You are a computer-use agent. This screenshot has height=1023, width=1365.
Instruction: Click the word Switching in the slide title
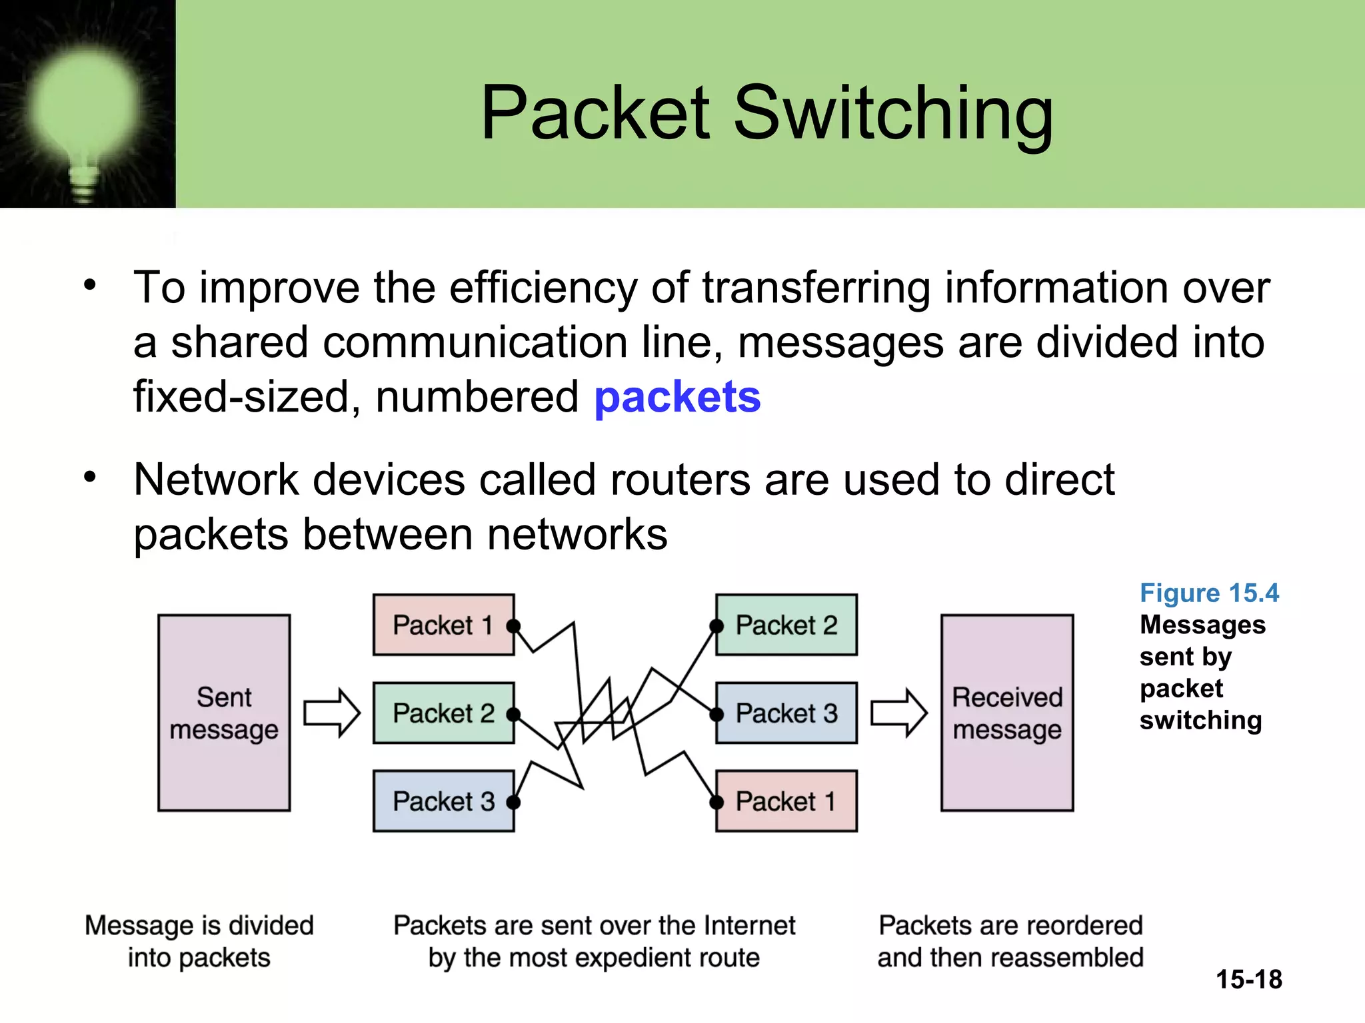(893, 113)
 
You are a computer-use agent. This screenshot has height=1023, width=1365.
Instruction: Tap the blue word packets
(677, 398)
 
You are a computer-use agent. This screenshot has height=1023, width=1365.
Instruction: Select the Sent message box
(224, 713)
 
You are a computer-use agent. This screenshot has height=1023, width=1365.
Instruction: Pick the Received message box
(1007, 713)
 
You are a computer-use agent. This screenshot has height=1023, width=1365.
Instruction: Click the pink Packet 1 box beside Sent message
(443, 625)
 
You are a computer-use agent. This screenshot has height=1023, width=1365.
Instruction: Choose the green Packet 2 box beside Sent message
(443, 713)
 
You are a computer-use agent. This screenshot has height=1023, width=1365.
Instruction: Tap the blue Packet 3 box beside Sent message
(443, 801)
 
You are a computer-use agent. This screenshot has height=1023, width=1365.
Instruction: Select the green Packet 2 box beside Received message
(786, 625)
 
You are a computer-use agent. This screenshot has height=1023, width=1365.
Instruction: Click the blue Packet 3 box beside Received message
(786, 713)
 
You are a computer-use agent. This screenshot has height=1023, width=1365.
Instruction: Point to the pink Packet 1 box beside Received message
(786, 801)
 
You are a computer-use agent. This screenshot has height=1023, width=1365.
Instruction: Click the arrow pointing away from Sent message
(332, 713)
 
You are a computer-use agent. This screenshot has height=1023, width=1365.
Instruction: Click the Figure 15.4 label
(1209, 593)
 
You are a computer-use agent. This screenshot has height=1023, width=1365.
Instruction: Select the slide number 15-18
(1249, 980)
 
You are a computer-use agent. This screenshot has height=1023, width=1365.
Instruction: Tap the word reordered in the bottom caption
(1076, 925)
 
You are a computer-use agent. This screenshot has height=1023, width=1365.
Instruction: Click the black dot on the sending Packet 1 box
(513, 626)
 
